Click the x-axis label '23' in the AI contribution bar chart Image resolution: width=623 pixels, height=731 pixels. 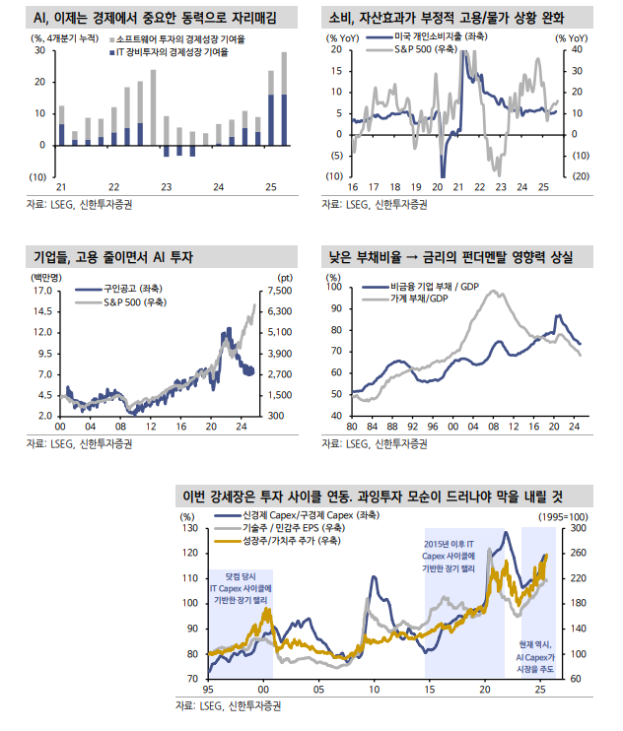166,187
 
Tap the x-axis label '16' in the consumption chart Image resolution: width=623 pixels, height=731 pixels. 353,187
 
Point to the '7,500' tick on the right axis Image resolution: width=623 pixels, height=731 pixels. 280,292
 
